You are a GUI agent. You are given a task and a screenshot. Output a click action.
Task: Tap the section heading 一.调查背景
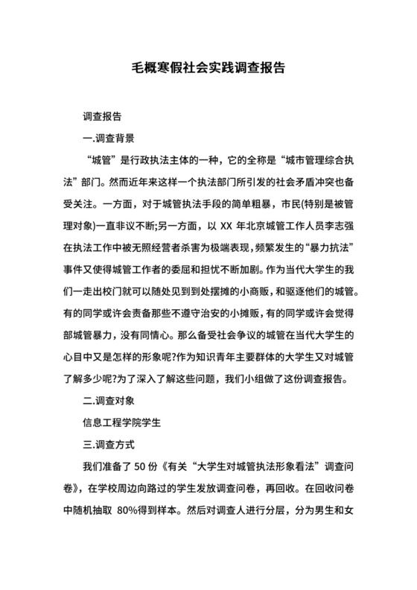pyautogui.click(x=109, y=138)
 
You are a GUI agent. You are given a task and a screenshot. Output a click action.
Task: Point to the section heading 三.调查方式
pyautogui.click(x=109, y=446)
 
